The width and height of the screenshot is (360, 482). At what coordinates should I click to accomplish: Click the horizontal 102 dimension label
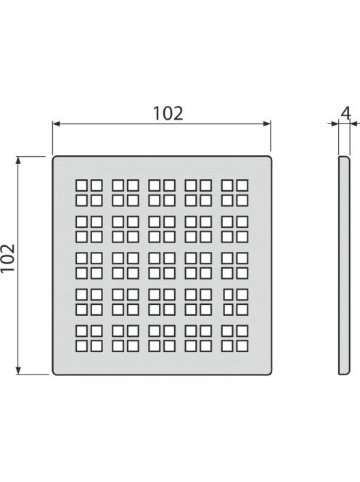(x=168, y=113)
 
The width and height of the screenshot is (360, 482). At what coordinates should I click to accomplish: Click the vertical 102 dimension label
(x=8, y=258)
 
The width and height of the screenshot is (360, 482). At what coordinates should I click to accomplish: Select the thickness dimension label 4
(x=345, y=114)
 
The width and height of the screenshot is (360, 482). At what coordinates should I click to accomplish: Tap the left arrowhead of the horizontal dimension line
(x=57, y=124)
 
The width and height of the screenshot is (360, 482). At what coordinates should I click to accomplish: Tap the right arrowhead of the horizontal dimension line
(x=267, y=124)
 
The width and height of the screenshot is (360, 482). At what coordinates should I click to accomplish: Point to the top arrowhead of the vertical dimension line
(x=18, y=160)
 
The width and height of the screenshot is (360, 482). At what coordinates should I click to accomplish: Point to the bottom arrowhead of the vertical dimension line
(x=18, y=371)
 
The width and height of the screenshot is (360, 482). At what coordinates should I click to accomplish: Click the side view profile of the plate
(x=344, y=266)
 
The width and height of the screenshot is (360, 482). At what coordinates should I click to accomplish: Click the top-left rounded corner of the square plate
(x=54, y=158)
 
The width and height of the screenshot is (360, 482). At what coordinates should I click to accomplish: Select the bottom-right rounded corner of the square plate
(x=270, y=373)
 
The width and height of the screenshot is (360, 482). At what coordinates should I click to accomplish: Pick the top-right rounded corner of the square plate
(x=270, y=158)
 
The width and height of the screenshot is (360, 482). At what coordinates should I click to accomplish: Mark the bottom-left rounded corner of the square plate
(x=54, y=373)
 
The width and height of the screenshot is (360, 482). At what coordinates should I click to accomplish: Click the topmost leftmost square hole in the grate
(x=81, y=186)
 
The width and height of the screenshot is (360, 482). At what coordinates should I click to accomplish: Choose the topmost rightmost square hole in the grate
(x=242, y=186)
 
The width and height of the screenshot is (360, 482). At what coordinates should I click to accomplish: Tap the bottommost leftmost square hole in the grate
(x=81, y=346)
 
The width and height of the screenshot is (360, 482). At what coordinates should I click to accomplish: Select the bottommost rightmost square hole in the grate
(x=242, y=346)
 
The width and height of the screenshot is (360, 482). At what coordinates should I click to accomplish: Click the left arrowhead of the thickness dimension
(x=335, y=124)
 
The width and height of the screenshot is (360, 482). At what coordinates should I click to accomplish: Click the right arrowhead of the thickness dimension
(x=353, y=124)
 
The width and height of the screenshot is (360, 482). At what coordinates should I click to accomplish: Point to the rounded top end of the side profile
(x=344, y=158)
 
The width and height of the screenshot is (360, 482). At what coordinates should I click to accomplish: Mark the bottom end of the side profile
(x=344, y=373)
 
